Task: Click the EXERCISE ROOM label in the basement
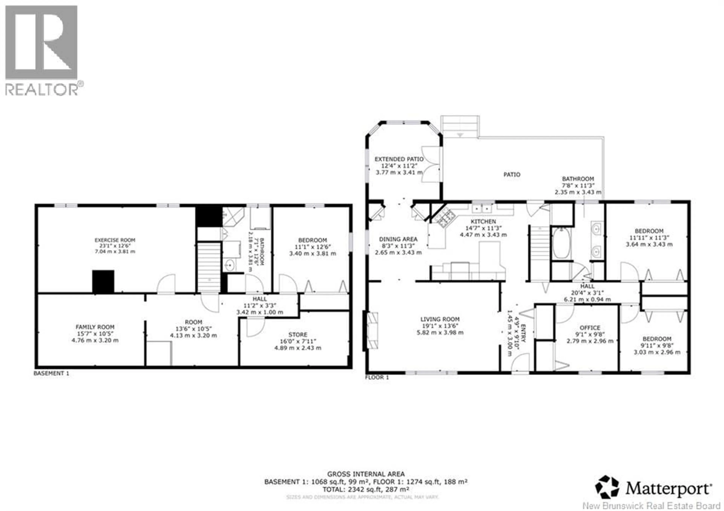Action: click(115, 240)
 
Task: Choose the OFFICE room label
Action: click(590, 328)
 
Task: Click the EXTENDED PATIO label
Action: click(399, 159)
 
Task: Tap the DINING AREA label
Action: click(398, 239)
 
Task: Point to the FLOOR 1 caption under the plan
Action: click(377, 377)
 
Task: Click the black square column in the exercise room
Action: click(103, 281)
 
